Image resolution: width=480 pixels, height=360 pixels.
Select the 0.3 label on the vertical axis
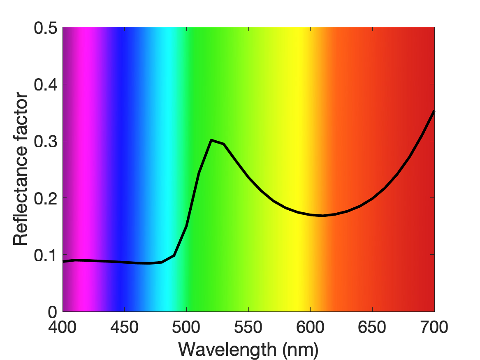46,142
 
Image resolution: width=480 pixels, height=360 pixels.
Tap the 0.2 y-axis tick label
46,198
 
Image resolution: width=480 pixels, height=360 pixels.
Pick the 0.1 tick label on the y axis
46,255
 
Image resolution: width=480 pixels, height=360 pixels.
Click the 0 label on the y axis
53,312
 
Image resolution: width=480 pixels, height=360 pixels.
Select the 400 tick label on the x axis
62,327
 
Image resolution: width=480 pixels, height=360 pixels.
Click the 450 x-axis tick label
124,327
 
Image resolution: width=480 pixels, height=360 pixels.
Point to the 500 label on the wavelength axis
186,327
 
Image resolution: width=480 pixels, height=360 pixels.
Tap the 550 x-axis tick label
248,327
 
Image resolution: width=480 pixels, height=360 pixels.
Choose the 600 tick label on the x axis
310,327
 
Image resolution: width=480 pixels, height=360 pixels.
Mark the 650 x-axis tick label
372,327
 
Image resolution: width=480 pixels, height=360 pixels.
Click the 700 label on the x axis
434,327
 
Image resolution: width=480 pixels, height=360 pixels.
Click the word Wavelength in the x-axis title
227,350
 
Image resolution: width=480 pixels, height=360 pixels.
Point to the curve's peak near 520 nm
211,140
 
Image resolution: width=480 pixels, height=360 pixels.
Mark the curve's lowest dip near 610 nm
322,216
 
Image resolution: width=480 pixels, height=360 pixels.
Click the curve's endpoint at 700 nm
434,111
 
